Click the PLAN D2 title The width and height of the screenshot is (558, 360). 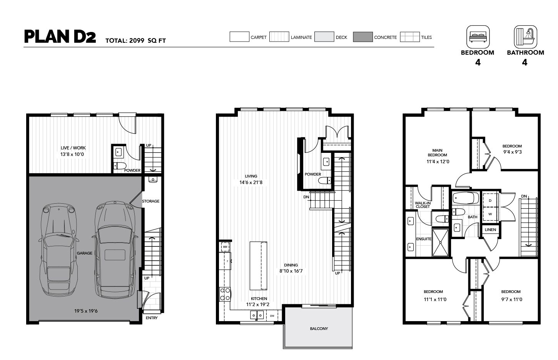point(60,37)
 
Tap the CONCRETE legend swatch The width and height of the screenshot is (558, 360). point(363,37)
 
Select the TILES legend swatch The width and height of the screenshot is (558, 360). point(410,37)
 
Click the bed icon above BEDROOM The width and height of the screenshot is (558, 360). point(478,37)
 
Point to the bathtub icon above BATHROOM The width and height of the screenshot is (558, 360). point(525,37)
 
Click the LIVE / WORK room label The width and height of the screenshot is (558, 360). point(73,148)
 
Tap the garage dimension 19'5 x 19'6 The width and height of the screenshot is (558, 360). point(86,311)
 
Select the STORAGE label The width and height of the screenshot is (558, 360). point(151,201)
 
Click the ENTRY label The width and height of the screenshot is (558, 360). point(152,318)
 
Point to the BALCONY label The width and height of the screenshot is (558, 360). point(319,328)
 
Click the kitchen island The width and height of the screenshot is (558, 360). point(258,266)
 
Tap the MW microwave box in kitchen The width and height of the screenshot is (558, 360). point(225,247)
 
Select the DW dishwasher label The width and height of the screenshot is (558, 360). point(272,316)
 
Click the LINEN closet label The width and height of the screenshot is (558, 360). point(490,229)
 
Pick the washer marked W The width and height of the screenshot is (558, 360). point(490,214)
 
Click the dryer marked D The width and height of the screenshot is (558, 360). point(490,200)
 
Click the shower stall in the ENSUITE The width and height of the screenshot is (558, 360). point(440,243)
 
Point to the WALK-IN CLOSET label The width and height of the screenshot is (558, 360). point(423,205)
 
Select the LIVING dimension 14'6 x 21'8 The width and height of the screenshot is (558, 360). point(251,183)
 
